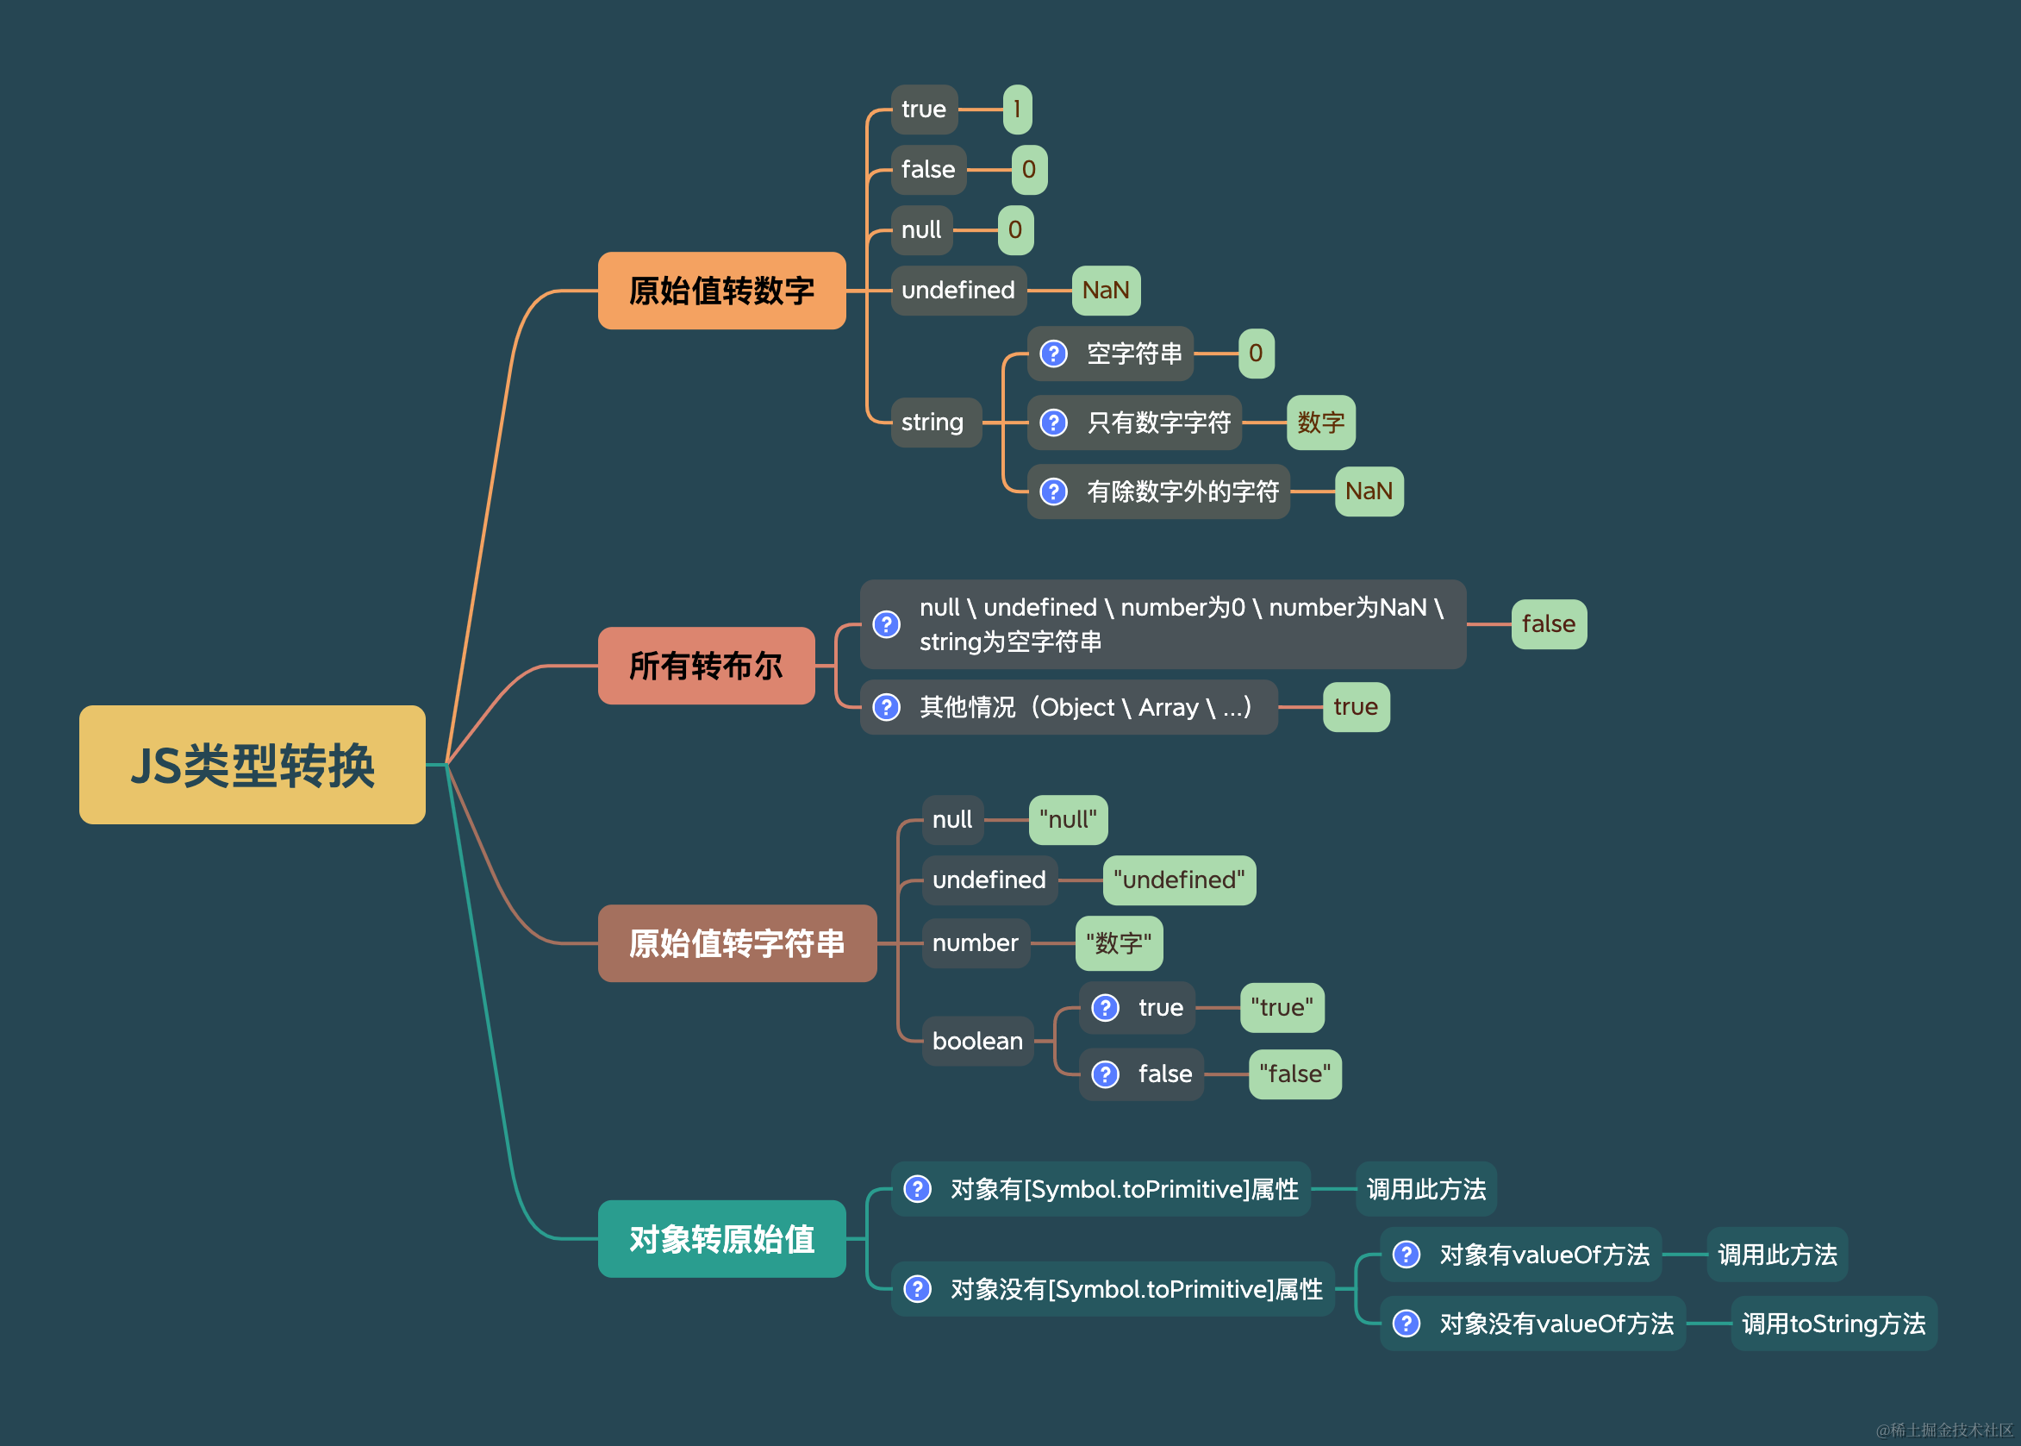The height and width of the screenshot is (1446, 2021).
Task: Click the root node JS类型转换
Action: [x=252, y=765]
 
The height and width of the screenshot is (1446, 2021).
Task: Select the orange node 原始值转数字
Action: [x=720, y=291]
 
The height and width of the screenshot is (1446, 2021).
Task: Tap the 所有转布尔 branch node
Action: [x=706, y=665]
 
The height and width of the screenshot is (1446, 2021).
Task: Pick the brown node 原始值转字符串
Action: [x=737, y=943]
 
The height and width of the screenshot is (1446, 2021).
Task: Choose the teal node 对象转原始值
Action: [x=720, y=1238]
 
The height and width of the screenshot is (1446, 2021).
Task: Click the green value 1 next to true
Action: [x=1017, y=110]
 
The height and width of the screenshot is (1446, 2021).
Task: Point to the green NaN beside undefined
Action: [x=1105, y=291]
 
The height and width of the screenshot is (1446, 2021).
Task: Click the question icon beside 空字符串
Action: [x=1054, y=354]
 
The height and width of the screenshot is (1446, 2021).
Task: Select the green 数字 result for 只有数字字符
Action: [x=1320, y=422]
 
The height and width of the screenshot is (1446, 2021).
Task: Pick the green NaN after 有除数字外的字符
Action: [x=1369, y=491]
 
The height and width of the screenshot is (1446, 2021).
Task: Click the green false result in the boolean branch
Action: [x=1549, y=624]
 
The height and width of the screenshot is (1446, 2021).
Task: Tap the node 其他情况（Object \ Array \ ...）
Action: [x=1068, y=707]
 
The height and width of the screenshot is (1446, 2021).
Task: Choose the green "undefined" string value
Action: [x=1179, y=879]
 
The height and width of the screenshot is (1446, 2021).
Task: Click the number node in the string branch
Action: [x=976, y=943]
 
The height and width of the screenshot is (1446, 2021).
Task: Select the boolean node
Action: [x=977, y=1041]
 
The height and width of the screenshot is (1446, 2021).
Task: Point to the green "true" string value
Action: [x=1282, y=1008]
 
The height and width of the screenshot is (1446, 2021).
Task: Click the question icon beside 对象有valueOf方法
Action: [x=1406, y=1255]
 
